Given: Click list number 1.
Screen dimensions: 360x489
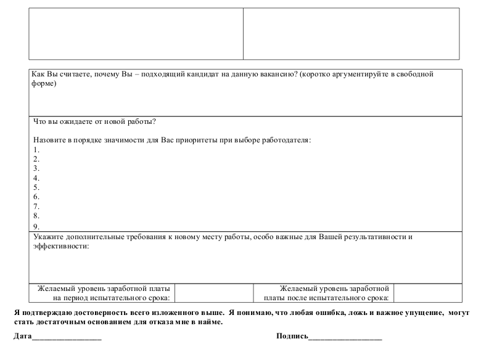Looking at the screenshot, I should click(36, 150).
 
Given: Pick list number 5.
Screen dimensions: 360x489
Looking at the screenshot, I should click(36, 187).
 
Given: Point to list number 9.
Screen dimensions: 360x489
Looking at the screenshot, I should click(36, 226).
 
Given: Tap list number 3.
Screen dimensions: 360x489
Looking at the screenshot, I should click(36, 168).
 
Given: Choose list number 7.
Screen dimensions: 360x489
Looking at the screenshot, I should click(36, 207).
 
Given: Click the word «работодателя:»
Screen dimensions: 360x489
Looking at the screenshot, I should click(286, 140).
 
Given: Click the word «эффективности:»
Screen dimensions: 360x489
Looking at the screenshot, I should click(60, 247).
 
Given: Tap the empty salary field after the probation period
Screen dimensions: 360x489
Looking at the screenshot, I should click(427, 293).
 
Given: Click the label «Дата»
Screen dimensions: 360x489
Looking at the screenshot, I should click(22, 337).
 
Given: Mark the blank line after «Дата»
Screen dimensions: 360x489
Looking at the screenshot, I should click(67, 338).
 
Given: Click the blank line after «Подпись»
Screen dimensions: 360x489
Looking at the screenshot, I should click(345, 338).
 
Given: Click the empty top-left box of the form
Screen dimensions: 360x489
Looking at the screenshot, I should click(136, 34).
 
